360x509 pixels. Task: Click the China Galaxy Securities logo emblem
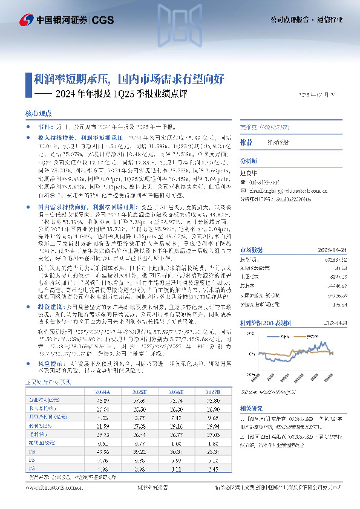(x=26, y=20)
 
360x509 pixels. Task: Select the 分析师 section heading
(x=249, y=162)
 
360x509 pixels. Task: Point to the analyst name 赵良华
(x=250, y=172)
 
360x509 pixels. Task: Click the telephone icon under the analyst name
(x=244, y=180)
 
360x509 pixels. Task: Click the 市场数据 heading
(x=252, y=233)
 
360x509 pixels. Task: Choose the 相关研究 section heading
(x=252, y=390)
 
